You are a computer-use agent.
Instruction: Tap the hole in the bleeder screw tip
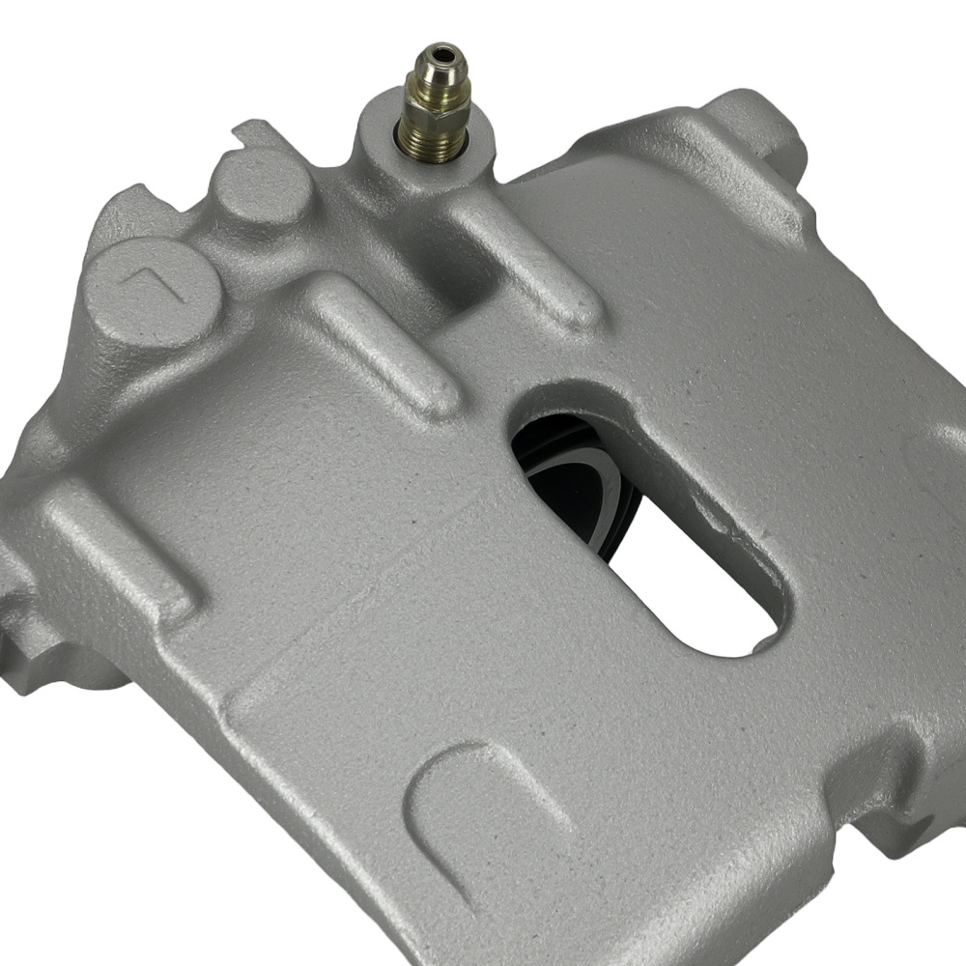[x=443, y=50]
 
